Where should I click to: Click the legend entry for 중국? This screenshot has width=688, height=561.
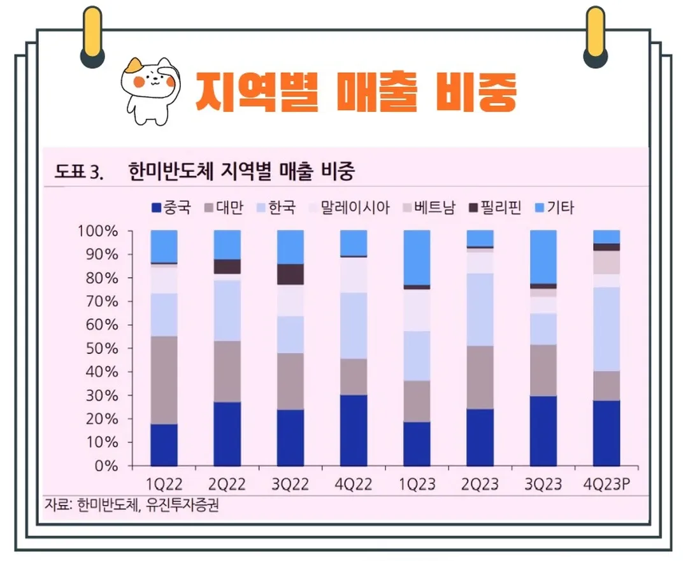[171, 208]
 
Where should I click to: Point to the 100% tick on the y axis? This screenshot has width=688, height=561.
[98, 231]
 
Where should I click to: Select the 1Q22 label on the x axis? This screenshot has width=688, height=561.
[164, 484]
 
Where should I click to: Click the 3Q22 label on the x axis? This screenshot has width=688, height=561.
[290, 484]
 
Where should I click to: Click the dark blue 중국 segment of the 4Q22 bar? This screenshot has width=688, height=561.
[353, 430]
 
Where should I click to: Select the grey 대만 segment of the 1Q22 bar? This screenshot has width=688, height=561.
[164, 380]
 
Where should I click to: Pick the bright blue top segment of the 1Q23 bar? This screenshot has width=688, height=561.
[416, 257]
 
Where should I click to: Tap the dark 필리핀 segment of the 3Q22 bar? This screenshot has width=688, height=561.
[290, 274]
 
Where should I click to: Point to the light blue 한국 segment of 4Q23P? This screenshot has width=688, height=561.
[606, 329]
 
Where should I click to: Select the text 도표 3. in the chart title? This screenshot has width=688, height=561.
[79, 172]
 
